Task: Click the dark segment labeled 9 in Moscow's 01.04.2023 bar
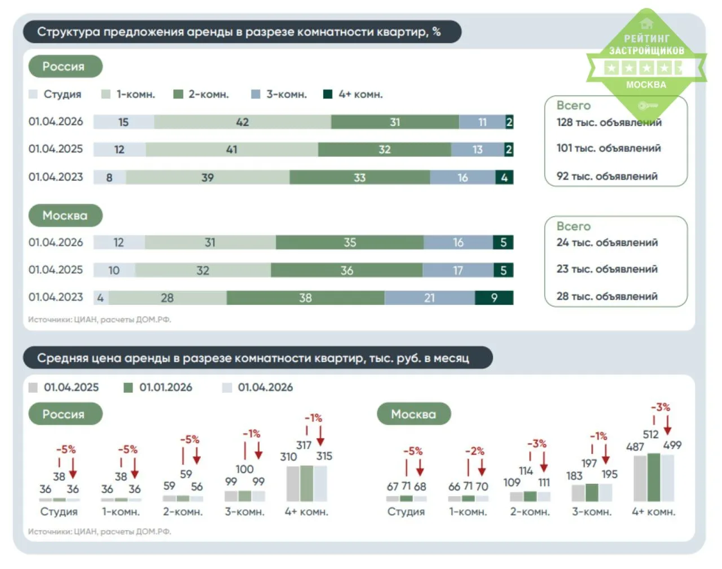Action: pyautogui.click(x=494, y=297)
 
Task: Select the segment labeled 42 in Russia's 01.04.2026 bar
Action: pyautogui.click(x=243, y=122)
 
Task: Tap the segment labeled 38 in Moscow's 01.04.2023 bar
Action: pyautogui.click(x=305, y=297)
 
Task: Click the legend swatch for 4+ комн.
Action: pyautogui.click(x=328, y=94)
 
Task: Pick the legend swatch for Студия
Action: pyautogui.click(x=33, y=94)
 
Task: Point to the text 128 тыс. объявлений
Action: pyautogui.click(x=609, y=122)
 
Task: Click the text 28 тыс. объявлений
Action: pyautogui.click(x=607, y=296)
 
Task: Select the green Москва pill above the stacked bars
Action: pyautogui.click(x=65, y=215)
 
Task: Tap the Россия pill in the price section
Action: pyautogui.click(x=65, y=414)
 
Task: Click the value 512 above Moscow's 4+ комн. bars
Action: pyautogui.click(x=650, y=434)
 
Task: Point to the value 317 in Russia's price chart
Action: pyautogui.click(x=303, y=445)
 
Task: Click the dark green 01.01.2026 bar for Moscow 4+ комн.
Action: pyautogui.click(x=654, y=478)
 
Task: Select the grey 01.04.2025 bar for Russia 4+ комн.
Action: pyautogui.click(x=293, y=484)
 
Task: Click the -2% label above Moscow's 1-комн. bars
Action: pyautogui.click(x=475, y=451)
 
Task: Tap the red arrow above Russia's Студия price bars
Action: pyautogui.click(x=73, y=468)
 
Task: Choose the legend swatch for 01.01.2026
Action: pyautogui.click(x=128, y=388)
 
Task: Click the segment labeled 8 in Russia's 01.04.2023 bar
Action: pyautogui.click(x=109, y=177)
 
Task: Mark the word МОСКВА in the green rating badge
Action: pyautogui.click(x=646, y=85)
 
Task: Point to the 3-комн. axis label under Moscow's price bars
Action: pyautogui.click(x=592, y=512)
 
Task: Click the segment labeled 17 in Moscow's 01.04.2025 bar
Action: pyautogui.click(x=458, y=270)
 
